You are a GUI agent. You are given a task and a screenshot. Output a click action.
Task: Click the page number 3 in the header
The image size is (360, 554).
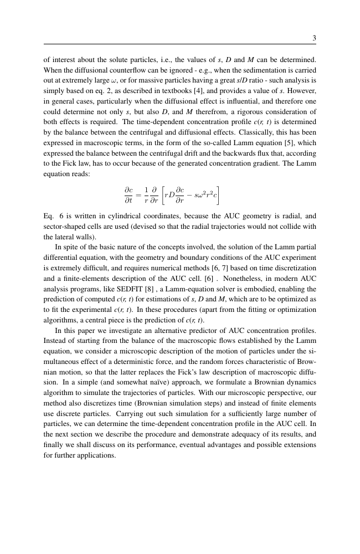tap(314, 38)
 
